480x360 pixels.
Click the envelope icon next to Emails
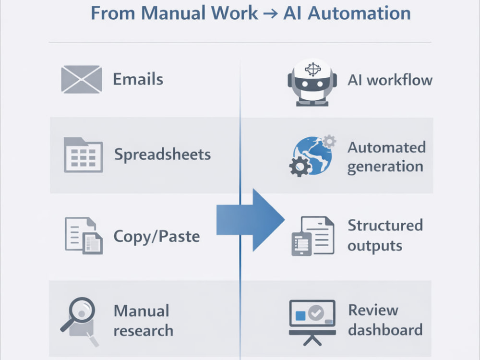point(82,79)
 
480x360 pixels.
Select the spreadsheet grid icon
point(83,155)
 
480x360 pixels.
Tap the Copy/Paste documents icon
point(84,235)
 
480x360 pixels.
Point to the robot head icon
point(312,82)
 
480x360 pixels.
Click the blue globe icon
point(312,156)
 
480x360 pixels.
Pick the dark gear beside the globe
point(300,166)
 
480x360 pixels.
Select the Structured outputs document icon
point(312,236)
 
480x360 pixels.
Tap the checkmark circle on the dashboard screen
point(316,313)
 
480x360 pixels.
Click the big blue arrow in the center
point(251,220)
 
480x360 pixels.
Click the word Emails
point(138,79)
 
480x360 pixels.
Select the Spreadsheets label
point(163,154)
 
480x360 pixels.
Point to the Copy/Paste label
point(157,236)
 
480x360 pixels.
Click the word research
point(143,331)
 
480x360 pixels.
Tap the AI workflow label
point(390,80)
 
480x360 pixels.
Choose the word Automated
point(386,147)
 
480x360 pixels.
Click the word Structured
point(385,225)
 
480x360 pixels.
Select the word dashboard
point(385,330)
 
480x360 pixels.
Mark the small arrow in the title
point(271,14)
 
